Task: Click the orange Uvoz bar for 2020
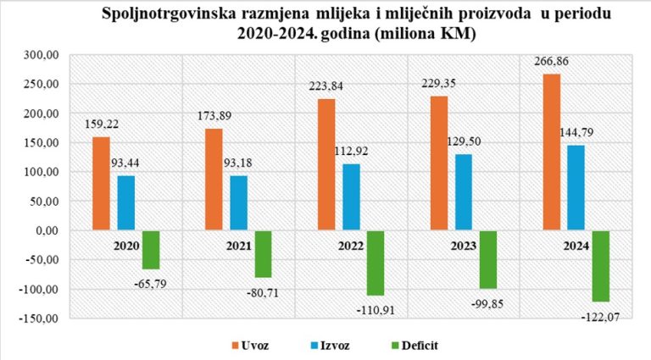(101, 183)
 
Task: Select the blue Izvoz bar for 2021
(238, 202)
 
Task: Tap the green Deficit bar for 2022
(376, 263)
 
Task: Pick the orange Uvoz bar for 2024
(551, 152)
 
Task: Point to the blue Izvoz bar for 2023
(463, 192)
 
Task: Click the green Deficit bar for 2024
(601, 266)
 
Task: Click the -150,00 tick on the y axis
(37, 318)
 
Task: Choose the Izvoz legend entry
(335, 345)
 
